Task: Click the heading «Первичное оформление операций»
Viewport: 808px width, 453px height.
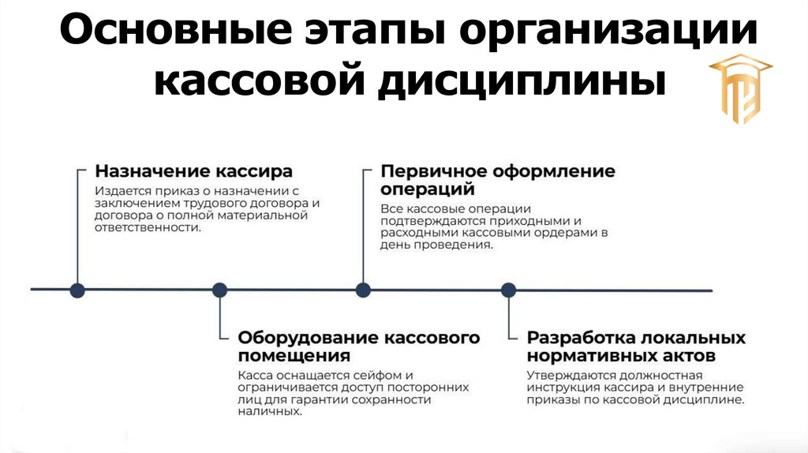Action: [x=497, y=180]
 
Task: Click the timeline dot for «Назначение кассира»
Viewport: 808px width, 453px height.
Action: [x=77, y=290]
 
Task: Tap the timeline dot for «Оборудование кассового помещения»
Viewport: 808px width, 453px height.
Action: [x=220, y=290]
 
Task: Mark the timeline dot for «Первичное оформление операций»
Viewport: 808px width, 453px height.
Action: [x=363, y=290]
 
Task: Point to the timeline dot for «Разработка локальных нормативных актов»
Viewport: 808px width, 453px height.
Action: [x=509, y=290]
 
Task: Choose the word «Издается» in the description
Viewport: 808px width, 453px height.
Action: [x=118, y=191]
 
